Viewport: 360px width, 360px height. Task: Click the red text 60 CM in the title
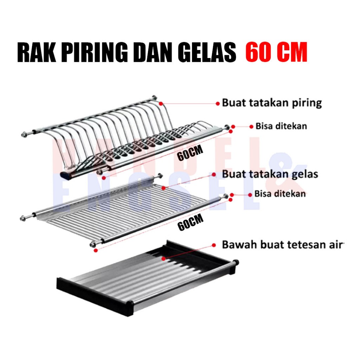click(x=276, y=53)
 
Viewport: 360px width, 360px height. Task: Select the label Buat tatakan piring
click(x=272, y=103)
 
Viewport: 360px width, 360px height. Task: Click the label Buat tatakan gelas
click(x=270, y=174)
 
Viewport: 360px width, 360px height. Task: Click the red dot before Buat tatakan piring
click(x=218, y=103)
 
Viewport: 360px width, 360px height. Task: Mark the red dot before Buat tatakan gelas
click(x=213, y=174)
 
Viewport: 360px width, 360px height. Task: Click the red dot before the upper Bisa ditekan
click(x=251, y=126)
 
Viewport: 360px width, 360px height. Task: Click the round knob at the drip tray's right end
click(x=235, y=263)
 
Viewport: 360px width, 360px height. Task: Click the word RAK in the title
click(x=33, y=53)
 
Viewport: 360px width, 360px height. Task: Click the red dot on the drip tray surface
click(x=164, y=258)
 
